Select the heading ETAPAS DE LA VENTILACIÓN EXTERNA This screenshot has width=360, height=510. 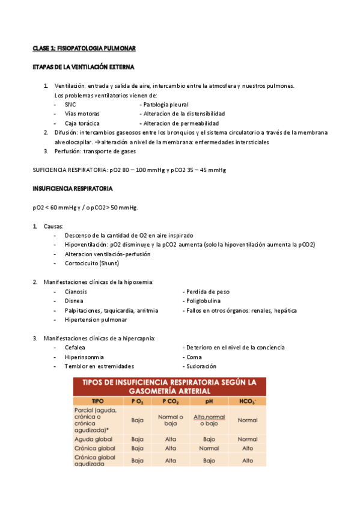pyautogui.click(x=83, y=67)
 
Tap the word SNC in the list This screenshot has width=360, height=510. pyautogui.click(x=70, y=105)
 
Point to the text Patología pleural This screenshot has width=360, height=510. pyautogui.click(x=164, y=105)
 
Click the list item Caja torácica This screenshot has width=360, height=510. pyautogui.click(x=82, y=123)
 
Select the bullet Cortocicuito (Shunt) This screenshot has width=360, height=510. pyautogui.click(x=92, y=263)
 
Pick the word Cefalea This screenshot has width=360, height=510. pyautogui.click(x=75, y=348)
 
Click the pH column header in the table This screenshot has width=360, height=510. pyautogui.click(x=209, y=401)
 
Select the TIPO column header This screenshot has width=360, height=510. pyautogui.click(x=97, y=401)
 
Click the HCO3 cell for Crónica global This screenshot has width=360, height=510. pyautogui.click(x=247, y=448)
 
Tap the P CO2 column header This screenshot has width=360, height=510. pyautogui.click(x=171, y=401)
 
